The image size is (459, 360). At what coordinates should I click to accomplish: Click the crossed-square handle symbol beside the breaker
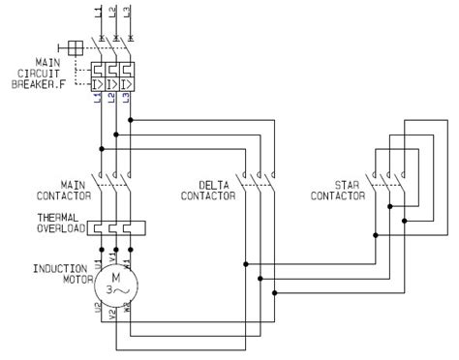[x=71, y=46]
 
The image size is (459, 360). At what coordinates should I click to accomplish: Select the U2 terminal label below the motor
[x=100, y=313]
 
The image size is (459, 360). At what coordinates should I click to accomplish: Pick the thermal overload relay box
[x=115, y=228]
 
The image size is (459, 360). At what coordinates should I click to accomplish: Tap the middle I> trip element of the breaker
[x=115, y=84]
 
